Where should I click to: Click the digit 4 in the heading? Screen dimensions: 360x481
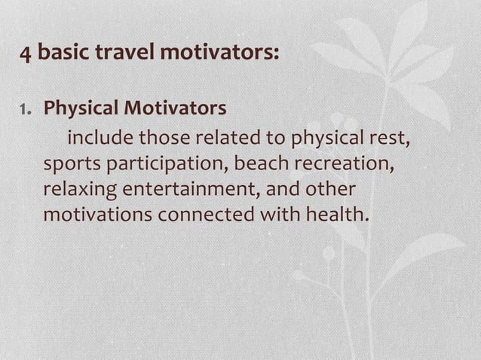point(26,55)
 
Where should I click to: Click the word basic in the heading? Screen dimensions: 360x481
point(61,54)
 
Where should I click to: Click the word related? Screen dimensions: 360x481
point(223,139)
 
